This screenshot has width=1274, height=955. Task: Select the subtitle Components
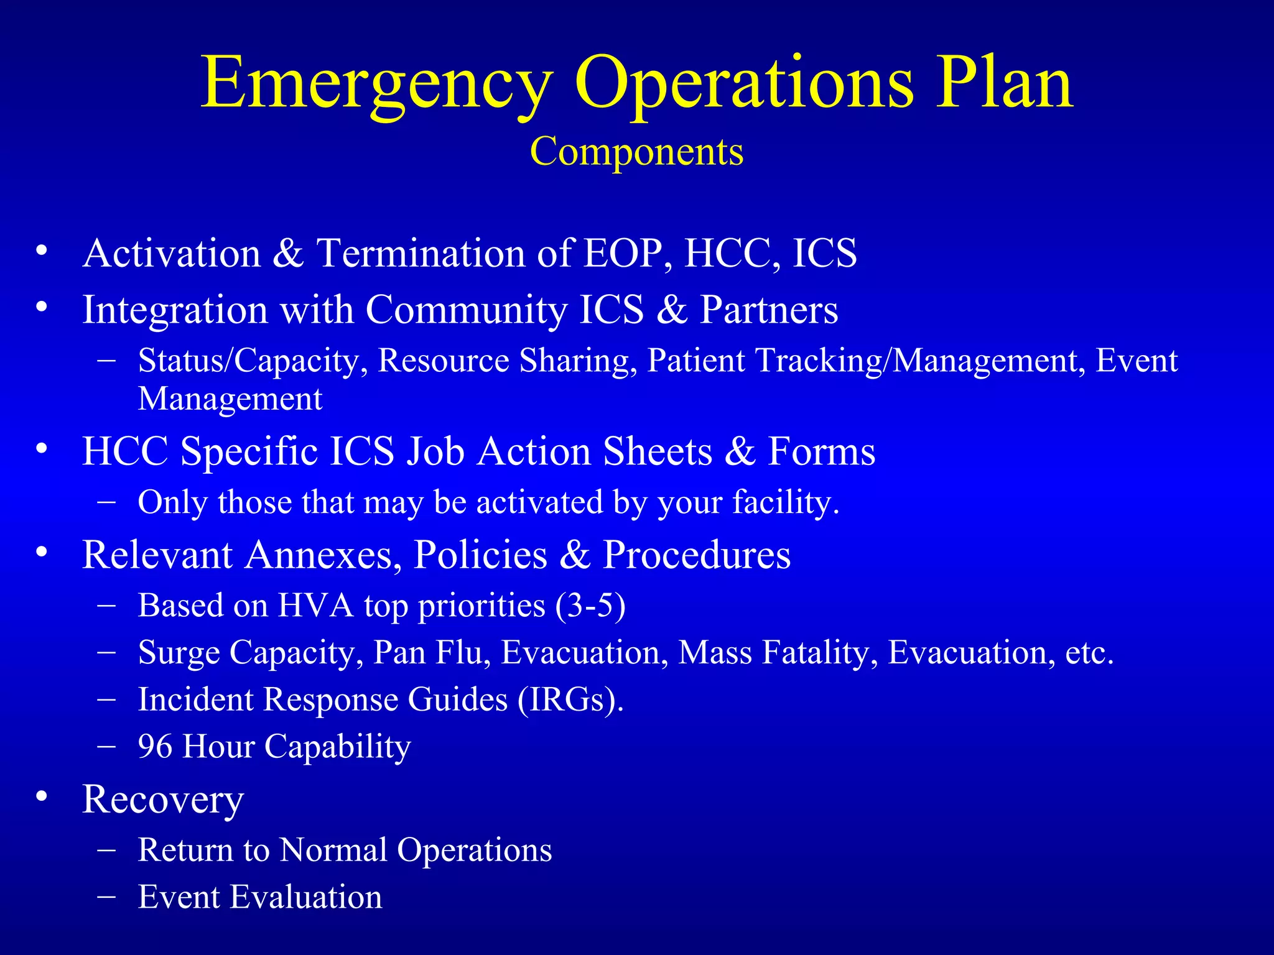pyautogui.click(x=636, y=151)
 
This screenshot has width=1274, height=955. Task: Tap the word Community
pyautogui.click(x=465, y=310)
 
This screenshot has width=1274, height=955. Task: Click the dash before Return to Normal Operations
pyautogui.click(x=106, y=849)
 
